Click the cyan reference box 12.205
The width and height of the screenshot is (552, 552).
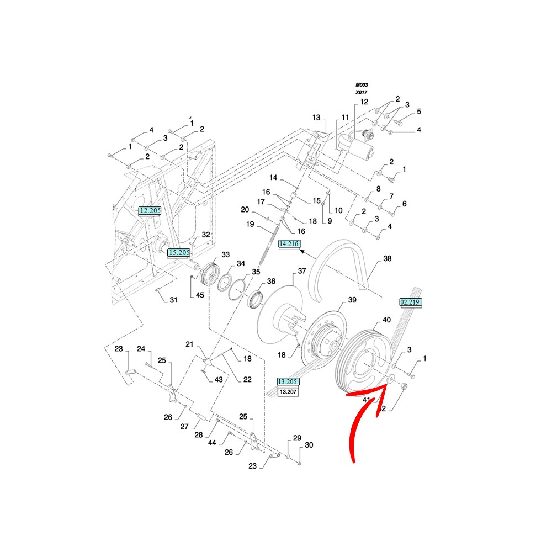pyautogui.click(x=149, y=210)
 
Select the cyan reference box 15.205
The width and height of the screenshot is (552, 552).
pyautogui.click(x=179, y=252)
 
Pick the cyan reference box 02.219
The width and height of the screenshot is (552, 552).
pyautogui.click(x=410, y=302)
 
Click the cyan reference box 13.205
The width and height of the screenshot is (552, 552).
pyautogui.click(x=288, y=381)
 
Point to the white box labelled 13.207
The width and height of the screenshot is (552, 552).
pyautogui.click(x=288, y=391)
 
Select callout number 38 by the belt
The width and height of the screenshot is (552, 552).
pyautogui.click(x=387, y=258)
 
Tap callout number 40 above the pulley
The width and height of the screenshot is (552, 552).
pyautogui.click(x=387, y=320)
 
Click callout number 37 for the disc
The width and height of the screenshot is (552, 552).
pyautogui.click(x=301, y=271)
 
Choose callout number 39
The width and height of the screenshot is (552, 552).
pyautogui.click(x=352, y=300)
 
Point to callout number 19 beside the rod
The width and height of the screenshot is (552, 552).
pyautogui.click(x=250, y=224)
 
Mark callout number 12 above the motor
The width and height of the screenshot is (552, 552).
pyautogui.click(x=364, y=102)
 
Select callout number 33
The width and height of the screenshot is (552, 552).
pyautogui.click(x=225, y=254)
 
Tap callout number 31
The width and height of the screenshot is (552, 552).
pyautogui.click(x=173, y=300)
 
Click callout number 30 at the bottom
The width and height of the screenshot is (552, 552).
pyautogui.click(x=309, y=445)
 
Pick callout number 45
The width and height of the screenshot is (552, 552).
pyautogui.click(x=200, y=295)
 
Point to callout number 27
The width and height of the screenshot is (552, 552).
pyautogui.click(x=185, y=426)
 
